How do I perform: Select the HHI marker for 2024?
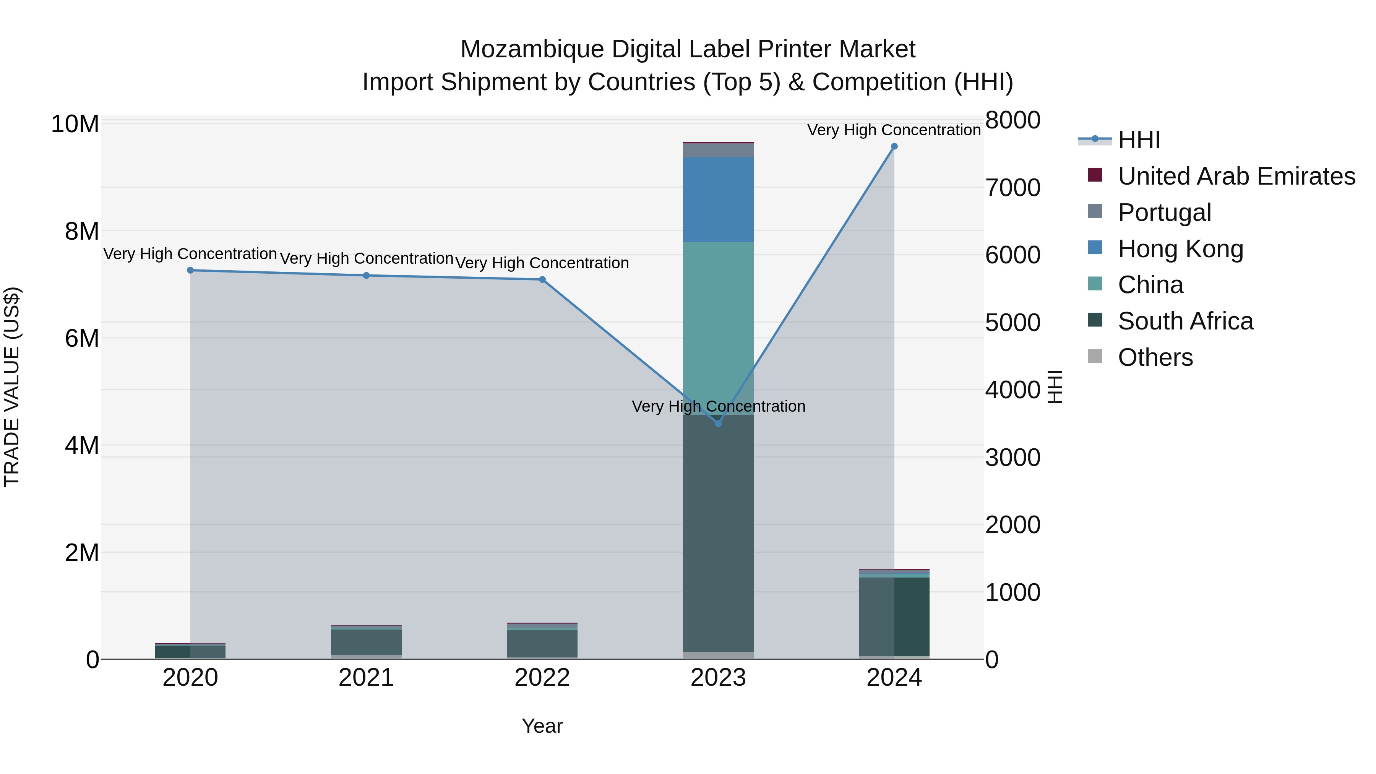point(894,146)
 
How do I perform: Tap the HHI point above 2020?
point(190,270)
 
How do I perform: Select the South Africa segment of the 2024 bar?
point(894,617)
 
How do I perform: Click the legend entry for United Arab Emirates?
point(1236,176)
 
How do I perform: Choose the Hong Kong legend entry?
point(1181,249)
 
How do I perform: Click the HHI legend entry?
point(1139,140)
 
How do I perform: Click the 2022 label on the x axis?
point(542,678)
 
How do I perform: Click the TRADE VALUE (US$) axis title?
point(12,387)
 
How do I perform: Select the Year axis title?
point(542,726)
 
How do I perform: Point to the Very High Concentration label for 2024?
point(894,130)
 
